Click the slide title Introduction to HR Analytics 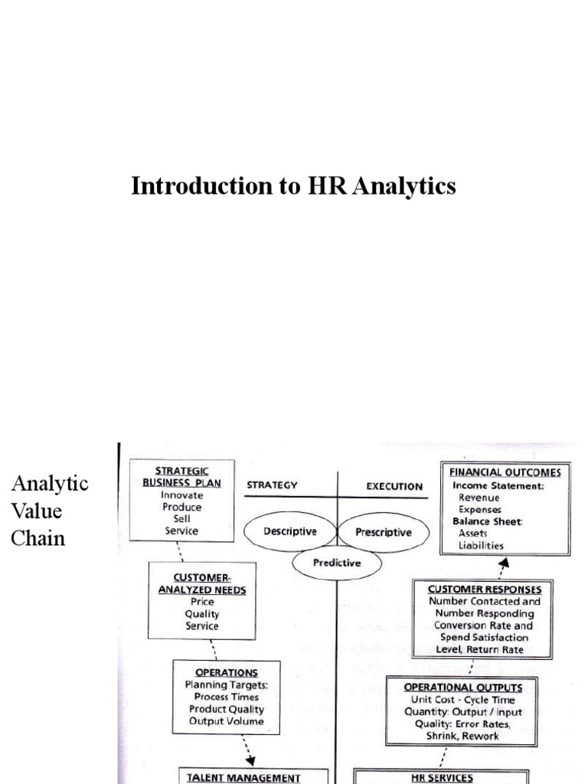[293, 186]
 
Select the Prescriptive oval [384, 532]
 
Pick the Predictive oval [337, 563]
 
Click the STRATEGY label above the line [272, 485]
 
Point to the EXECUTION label [394, 486]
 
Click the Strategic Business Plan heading [181, 475]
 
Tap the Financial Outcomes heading [505, 472]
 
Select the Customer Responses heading [485, 589]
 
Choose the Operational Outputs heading [463, 688]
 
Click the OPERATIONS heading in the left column [226, 672]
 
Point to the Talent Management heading [243, 777]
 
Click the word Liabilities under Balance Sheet [481, 545]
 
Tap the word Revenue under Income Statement [479, 498]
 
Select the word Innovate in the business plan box [181, 495]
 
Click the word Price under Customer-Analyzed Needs [202, 602]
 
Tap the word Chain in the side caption [38, 537]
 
